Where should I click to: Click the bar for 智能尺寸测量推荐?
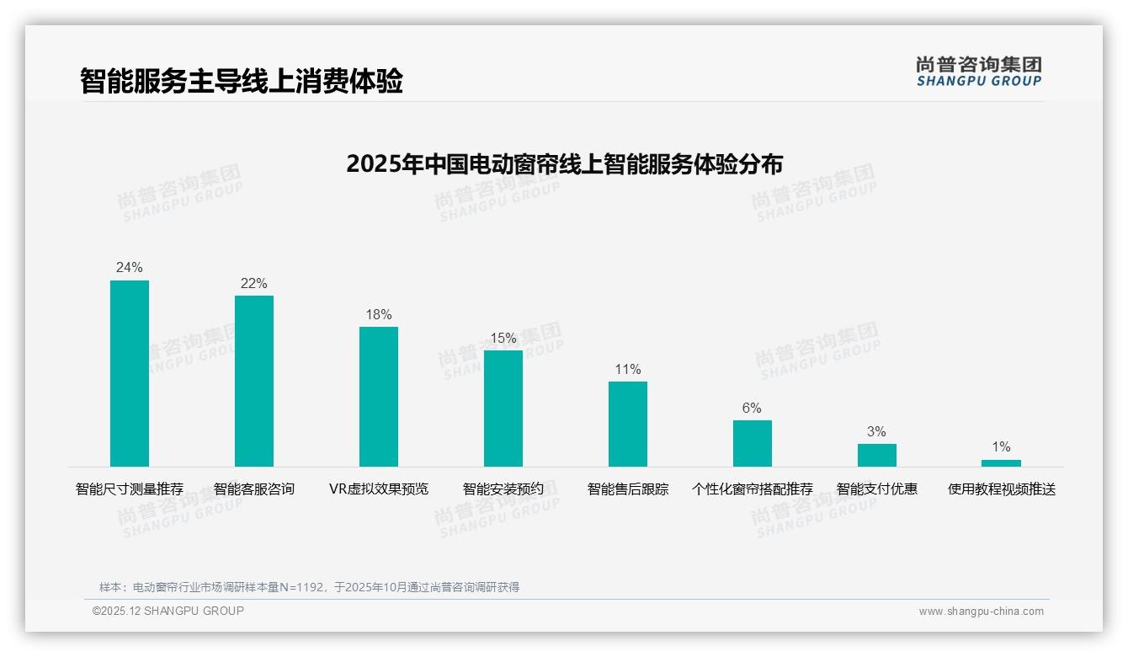[130, 373]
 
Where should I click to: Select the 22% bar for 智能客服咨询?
[254, 381]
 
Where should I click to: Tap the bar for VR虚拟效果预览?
[379, 397]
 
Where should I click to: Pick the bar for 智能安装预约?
[503, 409]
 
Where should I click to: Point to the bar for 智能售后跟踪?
[628, 424]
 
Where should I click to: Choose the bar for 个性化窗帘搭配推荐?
[753, 443]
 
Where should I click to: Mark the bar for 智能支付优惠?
[877, 455]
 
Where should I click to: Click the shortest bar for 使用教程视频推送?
[1001, 462]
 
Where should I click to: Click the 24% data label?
[130, 268]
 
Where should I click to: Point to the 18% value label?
[379, 315]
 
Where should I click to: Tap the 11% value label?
[628, 370]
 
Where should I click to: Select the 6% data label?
[752, 409]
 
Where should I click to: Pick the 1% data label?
[1001, 447]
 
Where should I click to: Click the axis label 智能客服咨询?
[254, 489]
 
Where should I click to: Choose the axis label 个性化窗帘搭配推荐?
[753, 489]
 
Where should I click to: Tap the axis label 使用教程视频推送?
[1002, 489]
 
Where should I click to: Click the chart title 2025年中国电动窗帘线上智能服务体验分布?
[564, 163]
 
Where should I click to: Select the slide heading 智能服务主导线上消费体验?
[242, 81]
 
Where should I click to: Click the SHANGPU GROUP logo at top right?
[979, 72]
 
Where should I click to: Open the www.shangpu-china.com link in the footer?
[981, 612]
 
